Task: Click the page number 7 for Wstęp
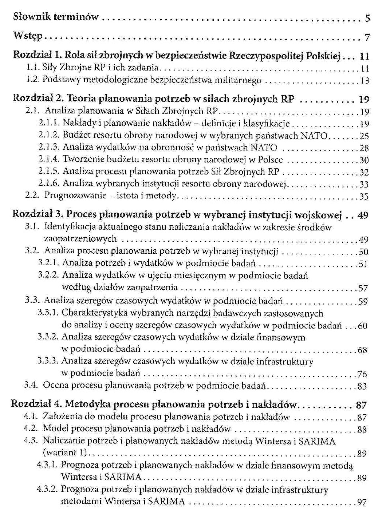367,37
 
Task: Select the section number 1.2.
32,80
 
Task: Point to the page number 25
364,136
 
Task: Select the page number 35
364,197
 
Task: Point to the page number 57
363,289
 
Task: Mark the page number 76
362,374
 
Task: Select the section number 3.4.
31,385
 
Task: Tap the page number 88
362,430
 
